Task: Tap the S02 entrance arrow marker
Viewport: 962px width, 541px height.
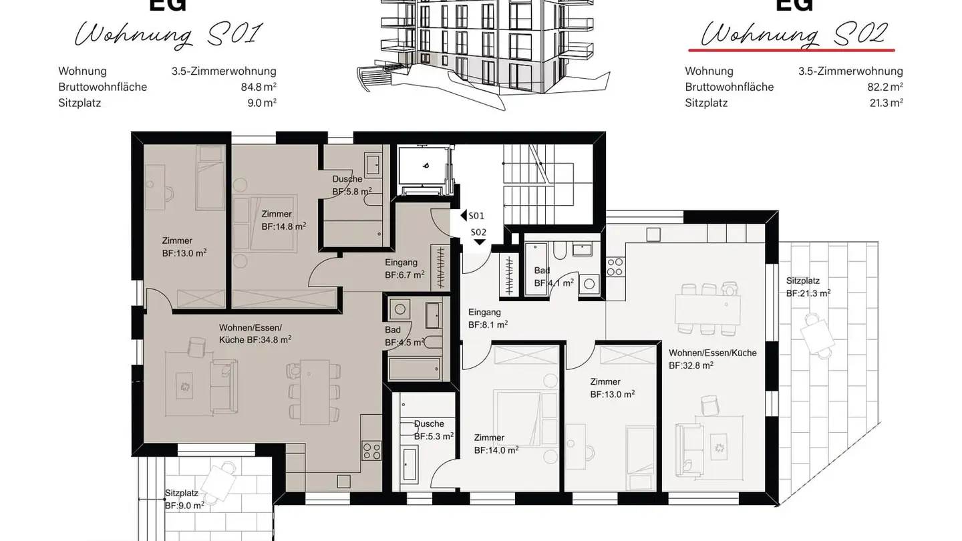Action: [479, 242]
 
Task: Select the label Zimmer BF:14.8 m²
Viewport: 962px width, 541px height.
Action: [283, 220]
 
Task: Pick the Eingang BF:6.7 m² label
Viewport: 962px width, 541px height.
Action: [404, 268]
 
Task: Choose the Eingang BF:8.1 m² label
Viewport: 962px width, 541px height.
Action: [488, 319]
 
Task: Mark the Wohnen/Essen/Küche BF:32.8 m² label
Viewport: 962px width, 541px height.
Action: [712, 359]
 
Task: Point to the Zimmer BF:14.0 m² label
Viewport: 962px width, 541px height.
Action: [496, 443]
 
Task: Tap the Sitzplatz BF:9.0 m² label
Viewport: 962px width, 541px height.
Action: [184, 499]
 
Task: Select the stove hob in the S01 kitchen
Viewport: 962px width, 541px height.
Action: [371, 451]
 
